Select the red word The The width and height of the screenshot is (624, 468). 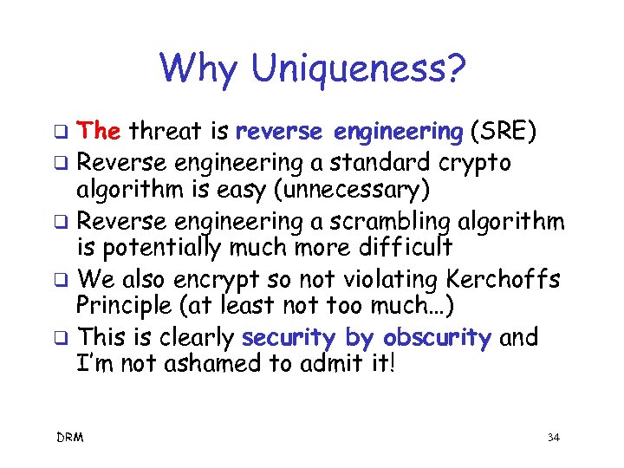coord(99,131)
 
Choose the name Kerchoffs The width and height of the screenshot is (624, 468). coord(506,280)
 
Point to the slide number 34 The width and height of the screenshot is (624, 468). coord(553,438)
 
